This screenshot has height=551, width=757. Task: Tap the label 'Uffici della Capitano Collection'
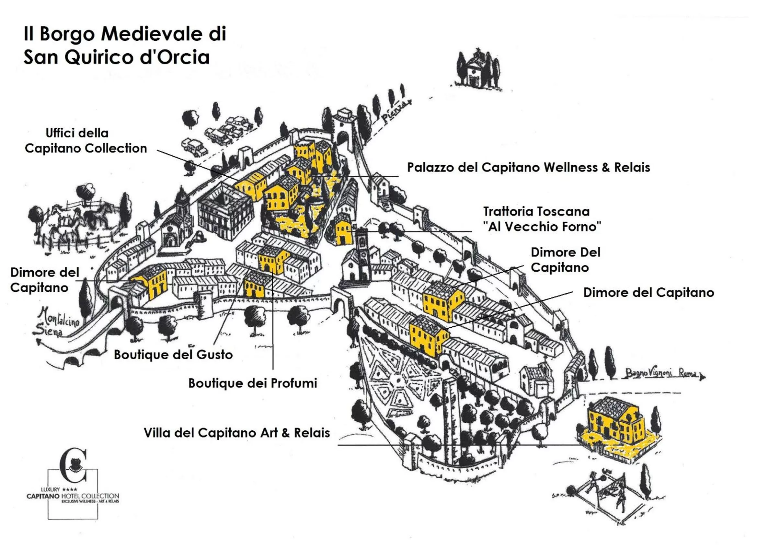pos(86,141)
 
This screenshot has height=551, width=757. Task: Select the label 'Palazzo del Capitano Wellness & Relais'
pos(528,168)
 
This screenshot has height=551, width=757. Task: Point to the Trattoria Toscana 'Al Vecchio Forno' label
pos(542,219)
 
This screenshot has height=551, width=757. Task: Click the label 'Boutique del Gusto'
pos(173,355)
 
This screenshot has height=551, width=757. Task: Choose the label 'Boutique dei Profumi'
pos(252,383)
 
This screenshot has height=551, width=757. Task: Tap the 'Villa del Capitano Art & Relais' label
pos(237,433)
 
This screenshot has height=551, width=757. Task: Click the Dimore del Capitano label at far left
pos(44,280)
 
